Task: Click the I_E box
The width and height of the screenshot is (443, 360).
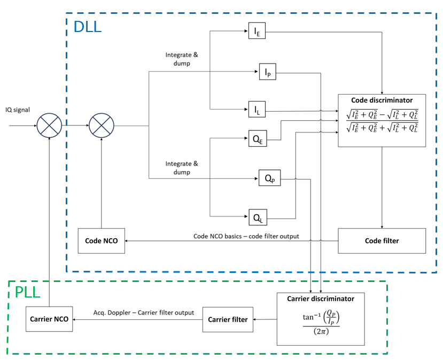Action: point(257,32)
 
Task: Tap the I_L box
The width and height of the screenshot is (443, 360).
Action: point(257,111)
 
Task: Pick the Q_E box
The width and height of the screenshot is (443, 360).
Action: point(257,139)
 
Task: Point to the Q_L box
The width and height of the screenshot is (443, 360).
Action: point(257,217)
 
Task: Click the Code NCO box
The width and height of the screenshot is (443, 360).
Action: point(101,241)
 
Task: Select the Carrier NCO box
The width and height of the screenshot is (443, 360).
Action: point(49,319)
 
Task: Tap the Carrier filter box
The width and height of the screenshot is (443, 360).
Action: point(228,319)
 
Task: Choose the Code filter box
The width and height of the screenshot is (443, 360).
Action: point(382,241)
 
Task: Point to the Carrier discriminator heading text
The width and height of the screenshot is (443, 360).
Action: point(321,299)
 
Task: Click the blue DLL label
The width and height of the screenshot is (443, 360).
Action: point(87,27)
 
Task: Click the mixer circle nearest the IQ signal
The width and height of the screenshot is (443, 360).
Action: point(49,127)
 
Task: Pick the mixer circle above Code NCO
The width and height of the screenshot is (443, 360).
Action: point(101,127)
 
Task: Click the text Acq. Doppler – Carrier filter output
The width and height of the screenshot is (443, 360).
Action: point(144,312)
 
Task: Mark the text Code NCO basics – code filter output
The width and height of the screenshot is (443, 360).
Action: point(246,236)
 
